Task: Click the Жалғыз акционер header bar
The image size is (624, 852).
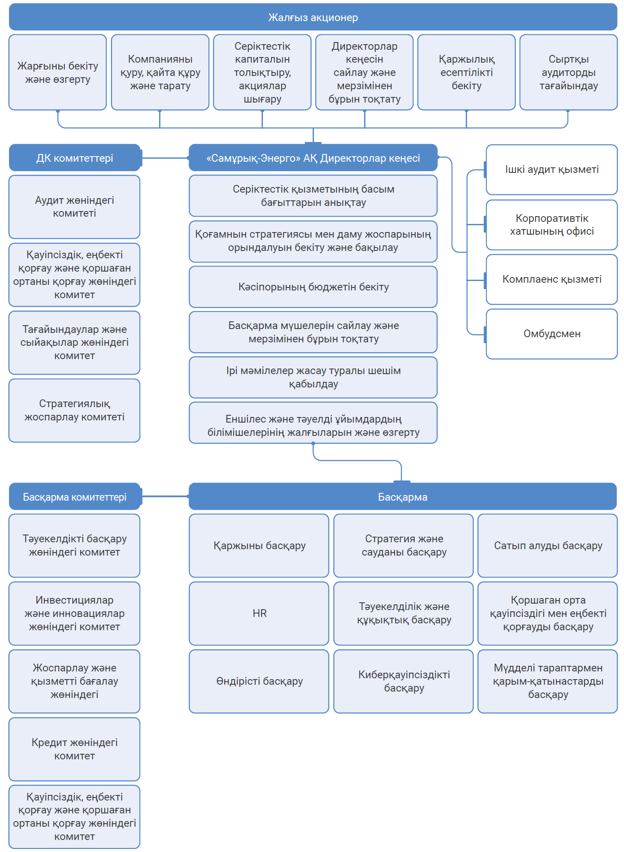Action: [313, 17]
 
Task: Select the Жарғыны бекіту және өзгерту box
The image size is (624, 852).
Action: [57, 73]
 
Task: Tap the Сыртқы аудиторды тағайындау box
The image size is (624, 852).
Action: [568, 73]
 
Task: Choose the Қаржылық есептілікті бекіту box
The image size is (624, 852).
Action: [466, 73]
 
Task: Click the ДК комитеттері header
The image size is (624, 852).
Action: [75, 158]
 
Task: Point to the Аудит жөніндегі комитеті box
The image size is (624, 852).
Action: [74, 207]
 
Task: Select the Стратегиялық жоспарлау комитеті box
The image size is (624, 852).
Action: [74, 410]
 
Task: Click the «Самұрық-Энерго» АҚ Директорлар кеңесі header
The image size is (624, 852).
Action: [313, 158]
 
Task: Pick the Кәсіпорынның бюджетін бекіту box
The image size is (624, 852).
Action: [313, 287]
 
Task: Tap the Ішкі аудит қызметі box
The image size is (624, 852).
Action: [552, 169]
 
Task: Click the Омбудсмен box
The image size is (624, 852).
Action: [552, 334]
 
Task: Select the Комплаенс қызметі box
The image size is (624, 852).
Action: [552, 279]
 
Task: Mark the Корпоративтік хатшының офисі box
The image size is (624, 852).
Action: [552, 225]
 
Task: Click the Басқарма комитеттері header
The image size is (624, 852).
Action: [75, 497]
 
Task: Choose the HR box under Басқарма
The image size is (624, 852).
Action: [259, 613]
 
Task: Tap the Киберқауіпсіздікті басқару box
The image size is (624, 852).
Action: [404, 681]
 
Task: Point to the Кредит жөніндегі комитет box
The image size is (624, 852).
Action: [74, 749]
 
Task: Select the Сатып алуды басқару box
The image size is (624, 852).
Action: [548, 546]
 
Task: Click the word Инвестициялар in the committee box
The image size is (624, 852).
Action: [74, 600]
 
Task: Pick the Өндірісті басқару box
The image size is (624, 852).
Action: [259, 681]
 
